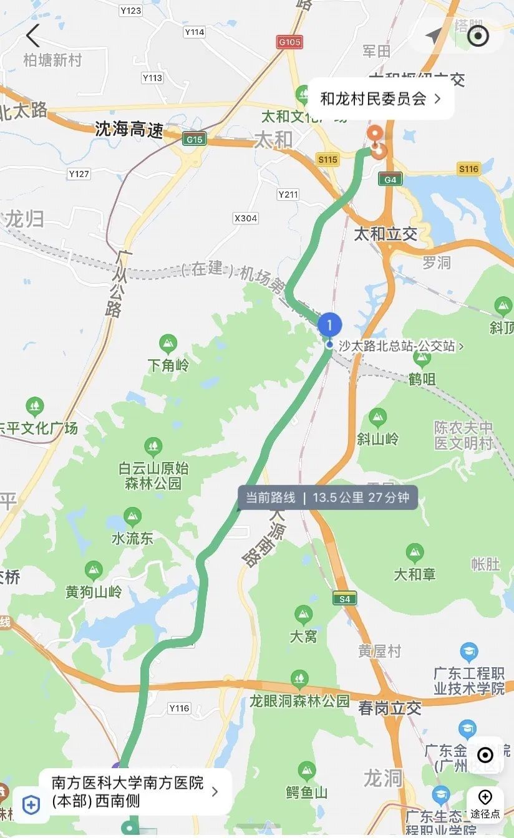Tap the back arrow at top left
click(32, 36)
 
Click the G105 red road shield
click(289, 42)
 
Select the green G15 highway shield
click(194, 139)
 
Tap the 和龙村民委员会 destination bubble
click(381, 99)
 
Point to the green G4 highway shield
click(390, 180)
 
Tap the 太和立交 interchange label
click(385, 234)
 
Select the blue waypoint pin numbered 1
click(329, 325)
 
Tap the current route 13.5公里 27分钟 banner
click(327, 498)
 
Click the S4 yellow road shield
click(344, 598)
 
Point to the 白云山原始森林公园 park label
click(153, 475)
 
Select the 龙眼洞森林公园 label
click(299, 700)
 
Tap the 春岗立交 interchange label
click(390, 708)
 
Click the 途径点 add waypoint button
click(485, 804)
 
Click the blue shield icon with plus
click(31, 804)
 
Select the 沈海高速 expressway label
click(129, 130)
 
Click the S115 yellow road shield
click(327, 160)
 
